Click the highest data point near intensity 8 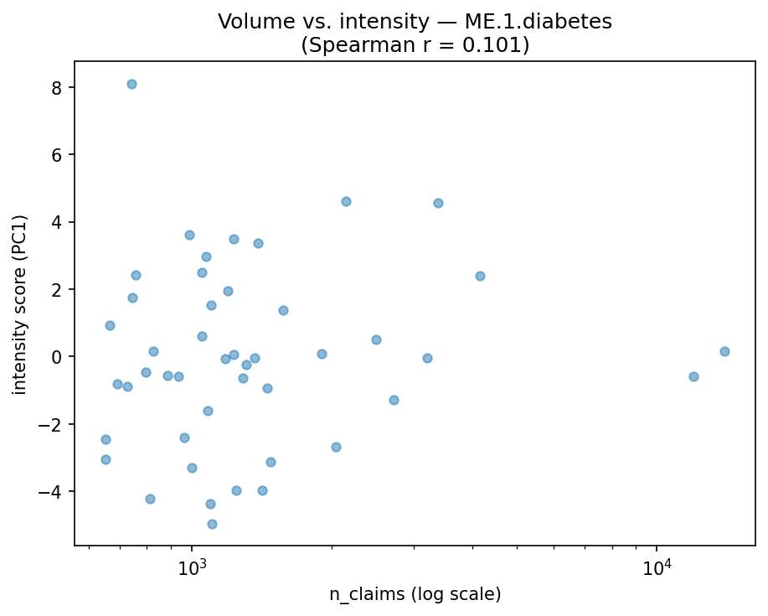(131, 84)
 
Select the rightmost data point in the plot (724, 351)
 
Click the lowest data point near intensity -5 (212, 524)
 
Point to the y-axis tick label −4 (54, 492)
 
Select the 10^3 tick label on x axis (192, 567)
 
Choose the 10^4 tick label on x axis (657, 567)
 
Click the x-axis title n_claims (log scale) (415, 595)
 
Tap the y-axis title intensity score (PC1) (20, 304)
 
